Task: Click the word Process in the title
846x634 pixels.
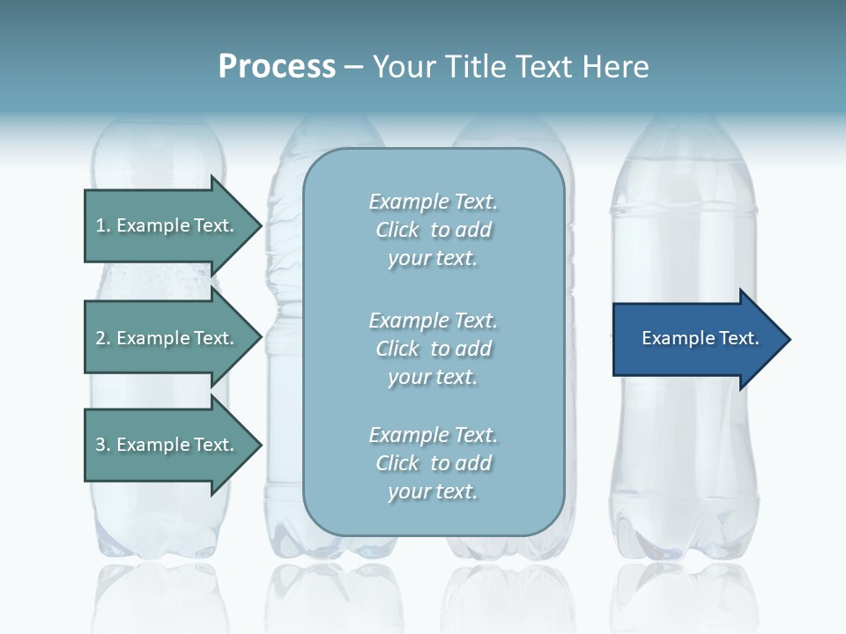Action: pyautogui.click(x=277, y=67)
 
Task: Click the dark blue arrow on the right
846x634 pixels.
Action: pyautogui.click(x=696, y=339)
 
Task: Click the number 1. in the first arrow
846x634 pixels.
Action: pyautogui.click(x=103, y=225)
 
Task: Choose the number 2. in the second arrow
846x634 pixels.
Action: pyautogui.click(x=103, y=338)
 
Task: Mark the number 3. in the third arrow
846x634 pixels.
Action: pyautogui.click(x=103, y=445)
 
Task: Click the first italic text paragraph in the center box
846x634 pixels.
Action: pyautogui.click(x=433, y=230)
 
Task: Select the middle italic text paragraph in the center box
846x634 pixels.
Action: pyautogui.click(x=433, y=349)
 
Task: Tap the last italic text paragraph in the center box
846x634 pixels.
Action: pyautogui.click(x=433, y=463)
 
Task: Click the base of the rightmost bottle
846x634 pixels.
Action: pyautogui.click(x=685, y=542)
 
